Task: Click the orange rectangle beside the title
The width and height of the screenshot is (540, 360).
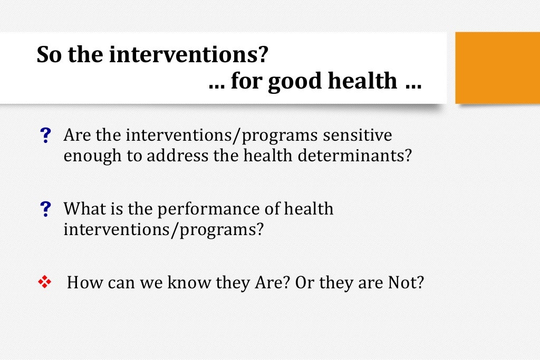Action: coord(497,67)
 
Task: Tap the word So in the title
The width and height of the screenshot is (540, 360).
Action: coord(48,55)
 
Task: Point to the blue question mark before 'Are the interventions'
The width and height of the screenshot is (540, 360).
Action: coord(46,137)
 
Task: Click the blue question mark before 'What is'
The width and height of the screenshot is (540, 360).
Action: coord(46,210)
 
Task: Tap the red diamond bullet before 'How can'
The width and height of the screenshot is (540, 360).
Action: coord(44,283)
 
